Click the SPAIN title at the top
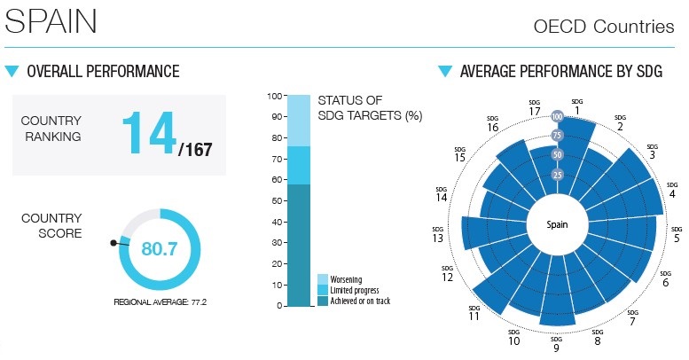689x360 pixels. [51, 21]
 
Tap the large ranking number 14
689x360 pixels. [148, 134]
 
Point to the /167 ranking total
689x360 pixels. [196, 151]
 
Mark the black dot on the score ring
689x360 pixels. [113, 241]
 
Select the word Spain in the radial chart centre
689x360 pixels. [557, 224]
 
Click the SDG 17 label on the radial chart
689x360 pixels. [535, 109]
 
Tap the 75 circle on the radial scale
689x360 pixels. [557, 135]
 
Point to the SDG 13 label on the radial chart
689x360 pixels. [438, 235]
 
